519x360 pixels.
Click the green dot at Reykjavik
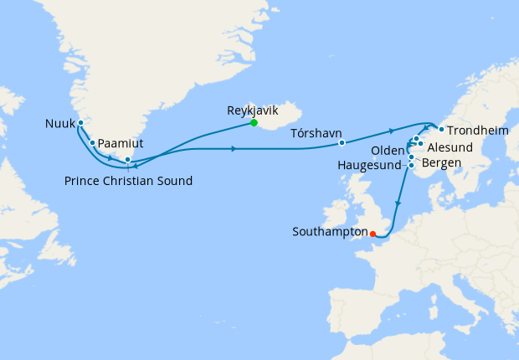[x=253, y=124]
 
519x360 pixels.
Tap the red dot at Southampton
[x=373, y=234]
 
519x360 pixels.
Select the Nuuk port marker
[x=80, y=123]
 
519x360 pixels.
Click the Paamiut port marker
[x=92, y=142]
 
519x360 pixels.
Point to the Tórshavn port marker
[x=342, y=142]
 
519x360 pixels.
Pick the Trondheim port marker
[x=440, y=129]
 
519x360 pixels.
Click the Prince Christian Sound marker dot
[x=127, y=159]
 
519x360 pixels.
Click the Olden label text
[x=388, y=150]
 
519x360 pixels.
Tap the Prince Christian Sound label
[x=128, y=181]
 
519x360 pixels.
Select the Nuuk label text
[x=59, y=125]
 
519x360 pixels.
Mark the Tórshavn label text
[x=316, y=133]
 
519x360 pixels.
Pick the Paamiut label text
[x=121, y=144]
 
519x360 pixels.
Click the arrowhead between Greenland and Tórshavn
[x=233, y=149]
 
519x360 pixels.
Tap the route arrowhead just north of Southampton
[x=397, y=203]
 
